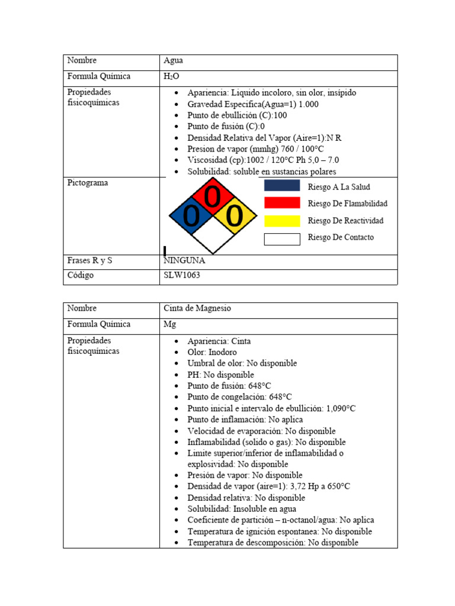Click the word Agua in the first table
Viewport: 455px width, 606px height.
click(173, 61)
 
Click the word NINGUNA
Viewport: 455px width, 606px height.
click(184, 260)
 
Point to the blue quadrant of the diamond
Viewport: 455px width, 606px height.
click(191, 217)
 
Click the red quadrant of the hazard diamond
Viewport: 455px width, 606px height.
click(213, 196)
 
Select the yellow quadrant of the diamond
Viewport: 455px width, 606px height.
click(235, 217)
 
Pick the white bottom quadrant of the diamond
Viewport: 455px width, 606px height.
click(213, 237)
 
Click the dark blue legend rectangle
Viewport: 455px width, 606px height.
click(281, 186)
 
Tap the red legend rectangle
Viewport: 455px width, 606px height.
click(281, 203)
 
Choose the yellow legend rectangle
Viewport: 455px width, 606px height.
click(281, 221)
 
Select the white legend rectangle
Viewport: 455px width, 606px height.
click(281, 238)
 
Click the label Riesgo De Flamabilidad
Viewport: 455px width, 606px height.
click(348, 204)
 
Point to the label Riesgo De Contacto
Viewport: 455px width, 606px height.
click(341, 238)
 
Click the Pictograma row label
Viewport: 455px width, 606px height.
click(88, 183)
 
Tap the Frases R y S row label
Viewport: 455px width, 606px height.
click(89, 260)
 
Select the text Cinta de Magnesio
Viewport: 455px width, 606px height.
click(198, 309)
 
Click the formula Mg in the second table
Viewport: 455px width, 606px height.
click(169, 325)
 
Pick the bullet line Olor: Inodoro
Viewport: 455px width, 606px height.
click(212, 353)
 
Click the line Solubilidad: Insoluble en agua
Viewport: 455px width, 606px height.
click(242, 509)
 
